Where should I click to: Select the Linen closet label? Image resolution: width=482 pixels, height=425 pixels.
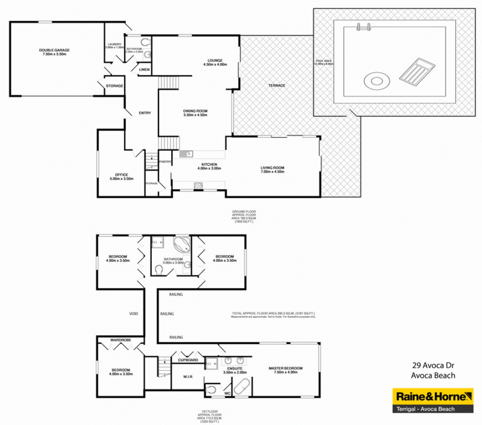pos(144,70)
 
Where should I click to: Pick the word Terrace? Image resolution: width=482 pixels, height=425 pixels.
pos(277,85)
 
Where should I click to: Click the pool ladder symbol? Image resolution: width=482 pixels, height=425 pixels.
pos(363,26)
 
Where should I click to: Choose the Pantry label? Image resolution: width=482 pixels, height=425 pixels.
pos(164,161)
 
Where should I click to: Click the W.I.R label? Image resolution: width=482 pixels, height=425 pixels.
pos(187,377)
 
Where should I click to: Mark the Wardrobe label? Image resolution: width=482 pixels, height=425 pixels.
pos(120,340)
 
